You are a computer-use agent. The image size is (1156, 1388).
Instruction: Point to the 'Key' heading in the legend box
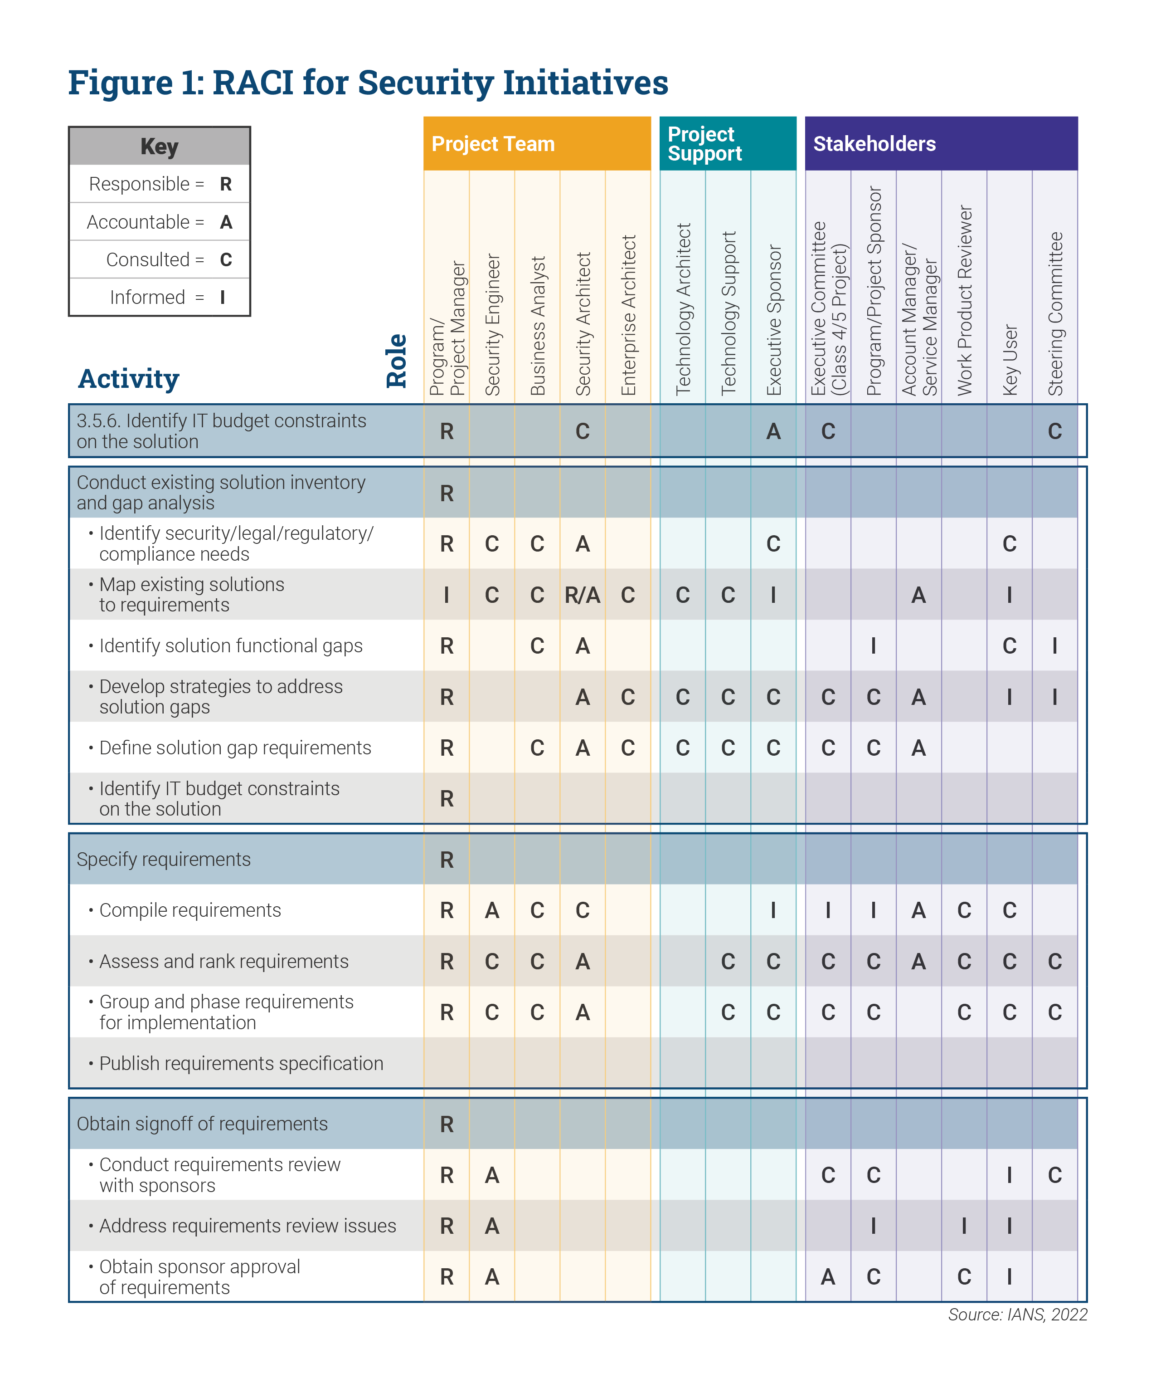(x=159, y=146)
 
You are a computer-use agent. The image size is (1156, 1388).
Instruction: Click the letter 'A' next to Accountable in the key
(x=226, y=222)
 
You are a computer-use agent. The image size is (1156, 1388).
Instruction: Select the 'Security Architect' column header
(x=583, y=324)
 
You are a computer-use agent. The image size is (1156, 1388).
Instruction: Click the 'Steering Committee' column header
(x=1055, y=314)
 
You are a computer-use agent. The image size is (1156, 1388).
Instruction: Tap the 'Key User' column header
(x=1010, y=360)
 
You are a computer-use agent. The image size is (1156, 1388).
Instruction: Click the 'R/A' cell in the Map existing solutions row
(x=582, y=595)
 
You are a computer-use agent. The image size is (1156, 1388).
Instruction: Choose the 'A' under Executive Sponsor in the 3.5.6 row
(x=773, y=432)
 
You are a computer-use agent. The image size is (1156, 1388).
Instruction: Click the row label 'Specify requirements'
(x=164, y=859)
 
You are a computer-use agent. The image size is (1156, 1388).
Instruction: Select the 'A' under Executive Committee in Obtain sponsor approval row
(x=828, y=1277)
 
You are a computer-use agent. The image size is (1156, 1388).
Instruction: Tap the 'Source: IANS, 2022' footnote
(x=1017, y=1315)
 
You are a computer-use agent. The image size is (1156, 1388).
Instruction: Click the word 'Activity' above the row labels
(x=129, y=379)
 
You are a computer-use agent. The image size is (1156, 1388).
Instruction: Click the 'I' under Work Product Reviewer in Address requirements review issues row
(x=964, y=1226)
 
